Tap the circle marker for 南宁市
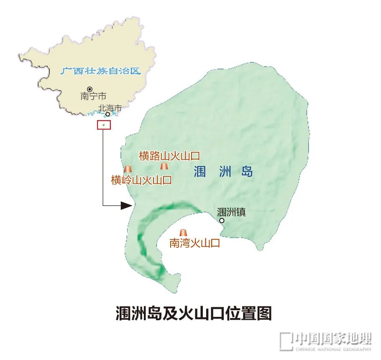click(89, 89)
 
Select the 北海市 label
click(110, 108)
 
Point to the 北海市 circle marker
click(107, 114)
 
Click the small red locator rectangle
click(104, 125)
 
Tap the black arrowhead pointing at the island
click(126, 205)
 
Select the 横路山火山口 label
click(169, 156)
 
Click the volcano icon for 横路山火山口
click(164, 166)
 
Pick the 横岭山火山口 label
click(141, 180)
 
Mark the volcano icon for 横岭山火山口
click(128, 169)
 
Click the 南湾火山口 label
click(194, 243)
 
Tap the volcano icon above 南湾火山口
click(183, 233)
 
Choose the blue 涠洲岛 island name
click(223, 172)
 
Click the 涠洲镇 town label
click(231, 212)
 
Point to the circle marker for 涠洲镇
click(222, 221)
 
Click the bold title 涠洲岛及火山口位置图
click(194, 313)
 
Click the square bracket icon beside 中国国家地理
click(286, 341)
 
